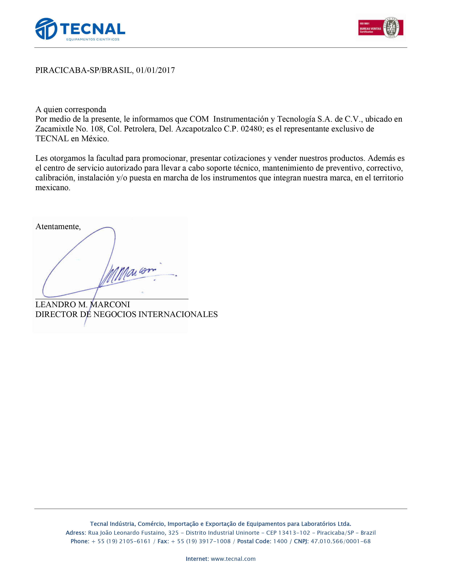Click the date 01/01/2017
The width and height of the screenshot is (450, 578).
click(x=155, y=70)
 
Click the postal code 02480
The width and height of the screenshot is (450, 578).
click(x=251, y=129)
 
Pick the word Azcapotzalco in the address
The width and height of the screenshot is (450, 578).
click(x=197, y=129)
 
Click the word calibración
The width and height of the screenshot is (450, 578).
click(x=55, y=178)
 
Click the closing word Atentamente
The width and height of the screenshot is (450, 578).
click(x=58, y=227)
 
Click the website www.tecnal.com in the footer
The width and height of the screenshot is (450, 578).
click(x=233, y=559)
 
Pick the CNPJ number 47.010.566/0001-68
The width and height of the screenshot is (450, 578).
click(x=341, y=541)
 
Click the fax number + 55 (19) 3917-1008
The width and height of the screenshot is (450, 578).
click(x=201, y=541)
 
